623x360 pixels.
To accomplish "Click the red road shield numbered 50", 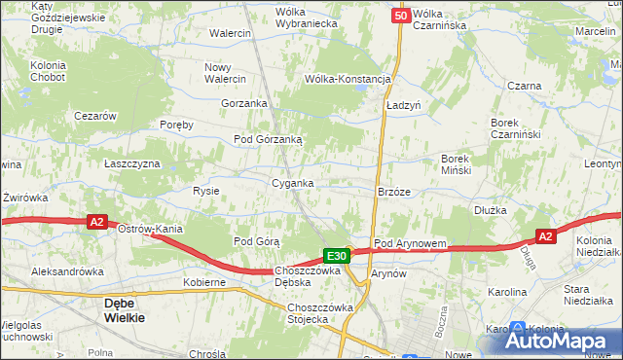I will pyautogui.click(x=401, y=16).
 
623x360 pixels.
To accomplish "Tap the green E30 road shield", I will pyautogui.click(x=337, y=256).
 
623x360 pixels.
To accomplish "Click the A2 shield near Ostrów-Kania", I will pyautogui.click(x=96, y=222).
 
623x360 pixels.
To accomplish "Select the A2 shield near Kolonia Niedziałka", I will pyautogui.click(x=546, y=235).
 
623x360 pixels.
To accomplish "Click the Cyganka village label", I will pyautogui.click(x=292, y=183).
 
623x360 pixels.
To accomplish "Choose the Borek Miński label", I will pyautogui.click(x=457, y=163).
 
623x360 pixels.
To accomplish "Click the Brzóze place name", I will pyautogui.click(x=394, y=192).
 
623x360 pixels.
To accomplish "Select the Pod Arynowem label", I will pyautogui.click(x=410, y=243).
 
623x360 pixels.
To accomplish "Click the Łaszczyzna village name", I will pyautogui.click(x=132, y=163).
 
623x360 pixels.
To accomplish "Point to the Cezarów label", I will pyautogui.click(x=95, y=115).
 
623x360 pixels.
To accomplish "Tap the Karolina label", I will pyautogui.click(x=507, y=292).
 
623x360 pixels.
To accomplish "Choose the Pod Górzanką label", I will pyautogui.click(x=268, y=139).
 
